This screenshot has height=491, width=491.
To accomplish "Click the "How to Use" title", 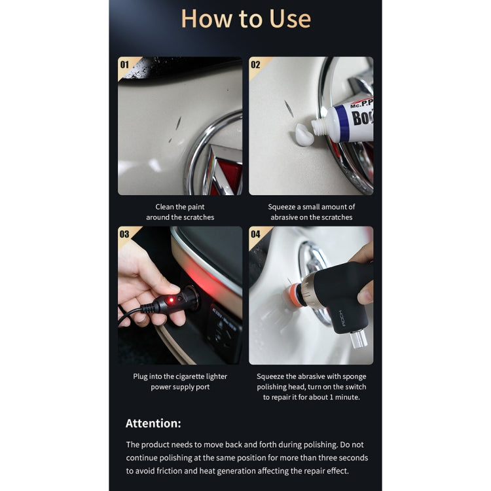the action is tap(245, 19).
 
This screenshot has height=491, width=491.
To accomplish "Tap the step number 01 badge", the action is tap(124, 65).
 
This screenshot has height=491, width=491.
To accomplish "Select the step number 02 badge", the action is tap(255, 65).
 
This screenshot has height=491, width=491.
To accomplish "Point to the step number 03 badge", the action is tap(124, 234).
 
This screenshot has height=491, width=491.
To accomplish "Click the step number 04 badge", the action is tap(255, 234).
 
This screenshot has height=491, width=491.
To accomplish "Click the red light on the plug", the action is tap(171, 300).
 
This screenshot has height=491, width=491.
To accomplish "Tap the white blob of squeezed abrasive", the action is tap(304, 135).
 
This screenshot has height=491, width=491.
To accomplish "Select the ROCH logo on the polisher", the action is tap(342, 318).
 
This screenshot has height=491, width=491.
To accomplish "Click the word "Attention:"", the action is tap(153, 424).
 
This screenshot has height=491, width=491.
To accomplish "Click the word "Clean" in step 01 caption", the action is tap(164, 207).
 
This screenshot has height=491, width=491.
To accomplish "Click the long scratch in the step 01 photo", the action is tap(179, 123).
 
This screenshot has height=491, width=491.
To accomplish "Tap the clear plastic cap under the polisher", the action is tap(359, 339).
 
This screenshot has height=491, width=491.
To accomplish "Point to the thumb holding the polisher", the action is tap(365, 293).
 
